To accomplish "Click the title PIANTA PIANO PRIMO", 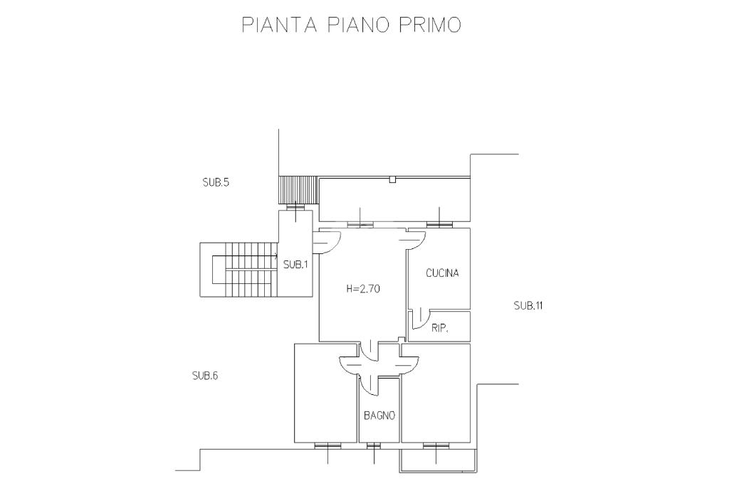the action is coord(351,25).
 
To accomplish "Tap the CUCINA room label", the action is coord(442,273).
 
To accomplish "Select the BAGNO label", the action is coord(379,416).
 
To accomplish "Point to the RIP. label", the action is coord(439,328).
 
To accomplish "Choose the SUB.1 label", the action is coord(295,265).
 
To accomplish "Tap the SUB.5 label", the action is coord(215,182).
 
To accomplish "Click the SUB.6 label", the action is coord(204,376).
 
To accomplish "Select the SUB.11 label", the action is coord(529,305).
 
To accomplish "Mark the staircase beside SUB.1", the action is coord(238,270).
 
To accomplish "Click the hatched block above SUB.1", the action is coord(295,190).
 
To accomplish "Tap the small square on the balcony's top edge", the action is coord(392,180).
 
